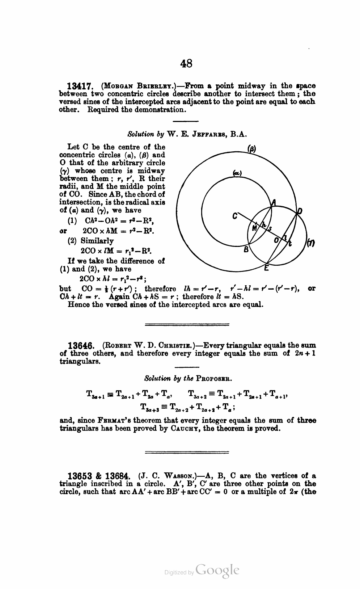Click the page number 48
(x=186, y=64)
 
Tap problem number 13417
(x=81, y=87)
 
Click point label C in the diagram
(x=235, y=216)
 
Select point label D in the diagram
(x=300, y=211)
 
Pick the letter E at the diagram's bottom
(x=267, y=268)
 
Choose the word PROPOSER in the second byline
(x=214, y=379)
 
